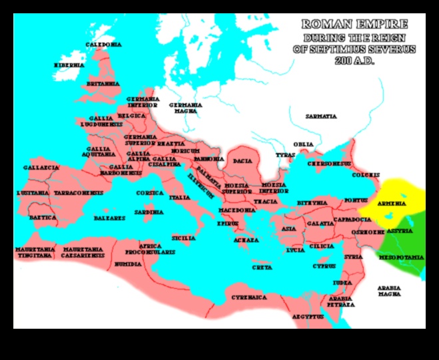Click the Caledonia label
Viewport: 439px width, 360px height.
[103, 45]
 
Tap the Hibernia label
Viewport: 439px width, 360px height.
[69, 65]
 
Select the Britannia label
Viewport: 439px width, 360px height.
[103, 84]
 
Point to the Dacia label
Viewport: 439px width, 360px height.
[242, 161]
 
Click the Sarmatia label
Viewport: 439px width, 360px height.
[321, 116]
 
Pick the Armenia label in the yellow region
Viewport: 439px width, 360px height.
[392, 203]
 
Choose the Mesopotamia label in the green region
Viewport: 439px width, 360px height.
[401, 257]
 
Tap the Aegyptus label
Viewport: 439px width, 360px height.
[306, 317]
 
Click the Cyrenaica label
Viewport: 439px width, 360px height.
[245, 297]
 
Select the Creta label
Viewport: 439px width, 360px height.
[261, 268]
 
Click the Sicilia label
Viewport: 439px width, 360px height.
[183, 238]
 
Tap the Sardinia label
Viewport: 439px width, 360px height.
[149, 212]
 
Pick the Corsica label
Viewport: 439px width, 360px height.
[150, 193]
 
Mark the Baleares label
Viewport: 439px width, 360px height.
[110, 218]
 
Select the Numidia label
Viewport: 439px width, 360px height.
[127, 264]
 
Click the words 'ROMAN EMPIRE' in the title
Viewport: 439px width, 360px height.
[354, 25]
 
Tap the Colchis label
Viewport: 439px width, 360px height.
[366, 176]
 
